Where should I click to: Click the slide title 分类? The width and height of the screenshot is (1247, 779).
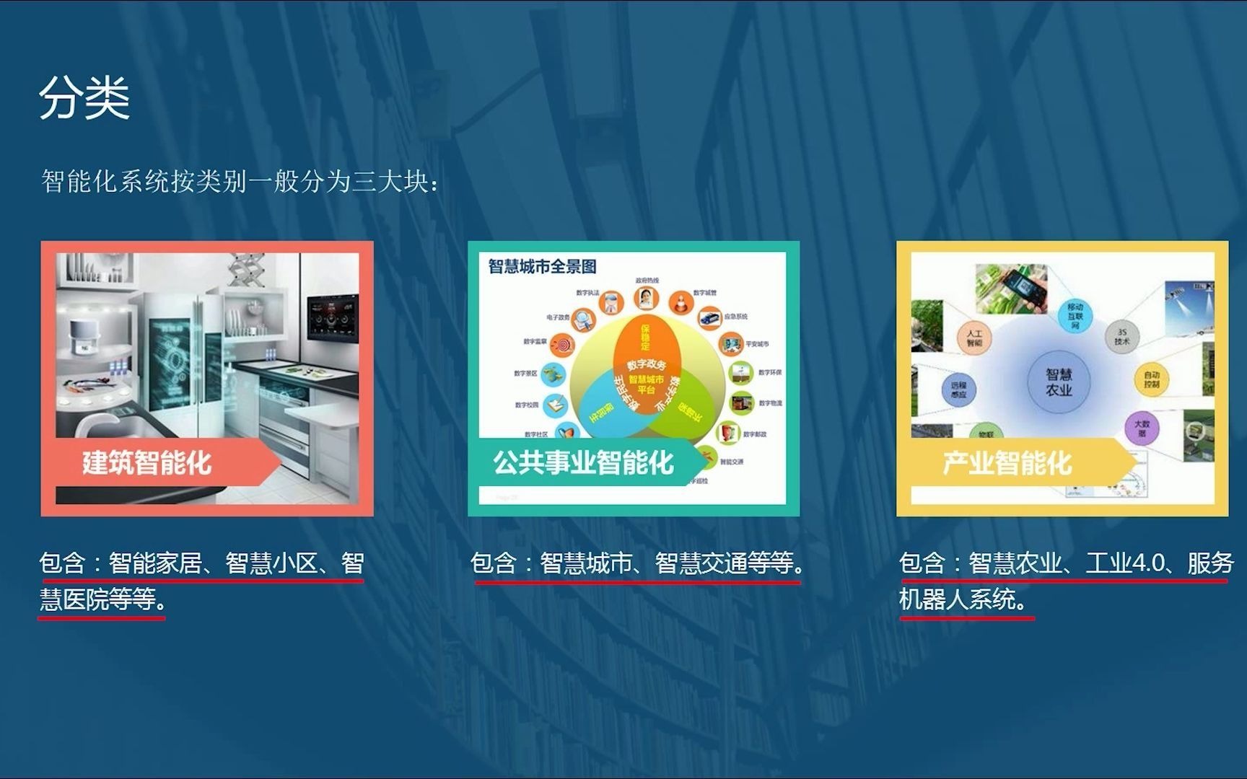pos(84,98)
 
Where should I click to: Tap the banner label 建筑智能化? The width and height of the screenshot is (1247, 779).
pos(146,462)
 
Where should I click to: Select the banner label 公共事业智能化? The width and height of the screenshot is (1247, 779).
pos(583,462)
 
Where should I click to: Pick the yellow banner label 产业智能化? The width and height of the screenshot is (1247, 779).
pos(1007,462)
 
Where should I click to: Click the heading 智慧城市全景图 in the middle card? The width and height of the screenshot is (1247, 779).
pos(543,267)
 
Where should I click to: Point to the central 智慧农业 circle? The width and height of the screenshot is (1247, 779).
pos(1059,382)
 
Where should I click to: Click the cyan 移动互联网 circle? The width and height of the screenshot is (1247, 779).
pos(1075,316)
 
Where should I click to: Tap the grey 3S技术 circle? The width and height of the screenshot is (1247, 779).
pos(1121,337)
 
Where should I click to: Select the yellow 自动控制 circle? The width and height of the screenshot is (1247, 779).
pos(1152,379)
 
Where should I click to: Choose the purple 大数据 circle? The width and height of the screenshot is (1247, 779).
pos(1142,428)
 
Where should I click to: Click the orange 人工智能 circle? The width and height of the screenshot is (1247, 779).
pos(974,338)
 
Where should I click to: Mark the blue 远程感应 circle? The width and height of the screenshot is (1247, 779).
pos(958,390)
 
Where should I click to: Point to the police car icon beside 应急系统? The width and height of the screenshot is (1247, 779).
pos(709,317)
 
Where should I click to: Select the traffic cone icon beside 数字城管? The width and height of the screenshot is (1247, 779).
pos(680,302)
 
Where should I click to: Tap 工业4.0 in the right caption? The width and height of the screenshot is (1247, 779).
pos(1125,563)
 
